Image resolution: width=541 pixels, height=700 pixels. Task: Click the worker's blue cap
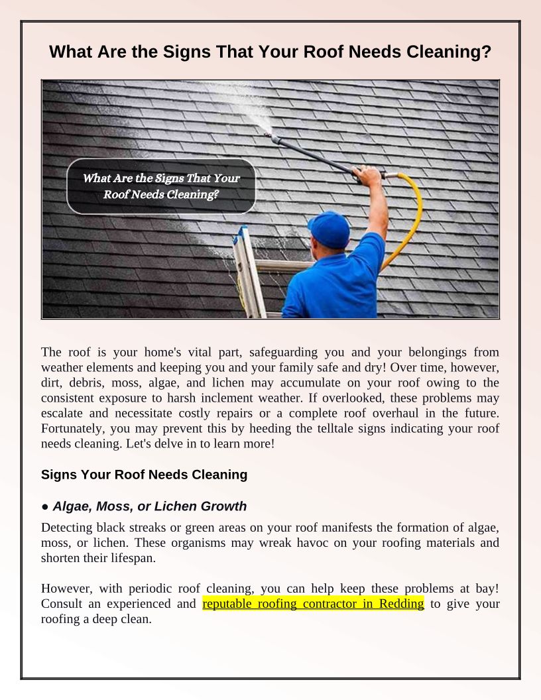point(330,227)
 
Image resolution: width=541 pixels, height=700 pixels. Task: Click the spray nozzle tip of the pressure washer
point(267,135)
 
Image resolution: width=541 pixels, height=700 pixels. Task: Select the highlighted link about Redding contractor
point(313,604)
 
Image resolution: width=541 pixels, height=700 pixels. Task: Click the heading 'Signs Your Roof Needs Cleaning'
point(144,475)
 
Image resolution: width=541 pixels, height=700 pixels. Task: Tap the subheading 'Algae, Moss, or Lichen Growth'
point(149,506)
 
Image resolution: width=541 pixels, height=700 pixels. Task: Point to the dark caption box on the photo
point(161,186)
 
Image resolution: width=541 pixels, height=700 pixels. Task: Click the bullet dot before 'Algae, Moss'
point(45,507)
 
